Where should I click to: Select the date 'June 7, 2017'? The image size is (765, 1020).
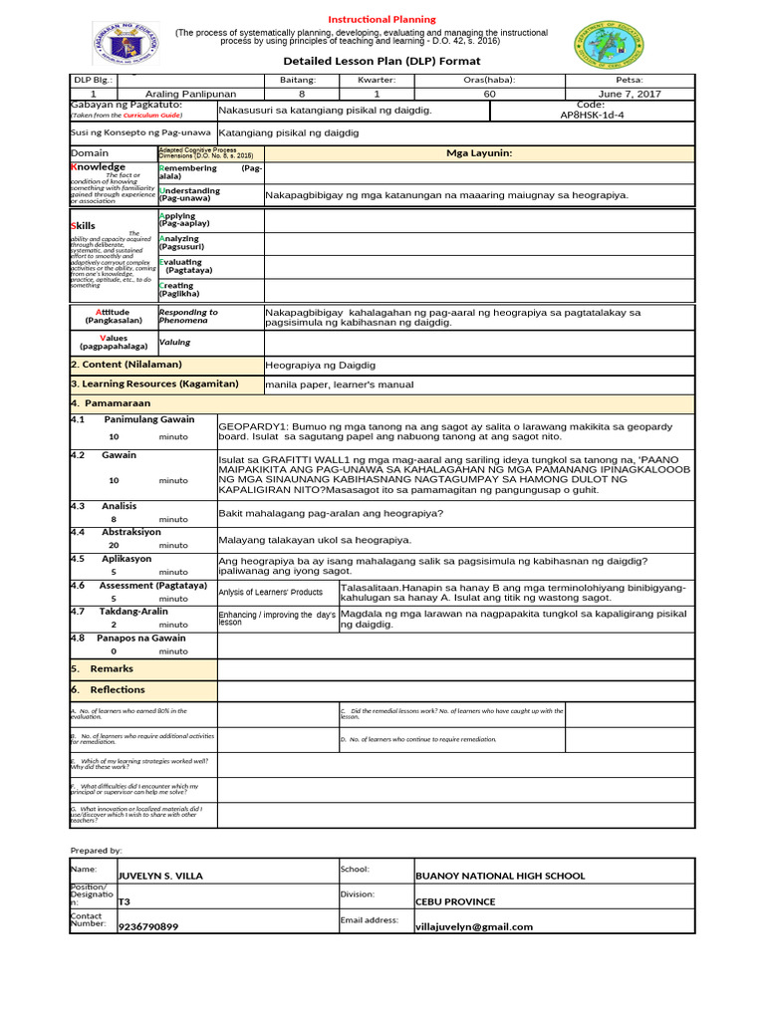(631, 94)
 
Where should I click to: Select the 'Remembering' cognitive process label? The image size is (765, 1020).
(188, 169)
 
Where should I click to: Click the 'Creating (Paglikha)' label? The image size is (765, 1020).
(179, 290)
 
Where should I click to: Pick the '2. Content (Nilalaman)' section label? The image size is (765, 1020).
(127, 365)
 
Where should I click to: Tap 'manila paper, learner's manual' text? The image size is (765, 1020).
(339, 384)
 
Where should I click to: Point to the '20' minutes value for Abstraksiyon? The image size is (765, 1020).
(114, 546)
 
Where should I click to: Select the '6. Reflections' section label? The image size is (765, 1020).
(117, 689)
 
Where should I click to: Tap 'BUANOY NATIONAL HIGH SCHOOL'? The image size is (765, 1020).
(499, 877)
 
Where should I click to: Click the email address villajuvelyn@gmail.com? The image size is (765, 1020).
(473, 926)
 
